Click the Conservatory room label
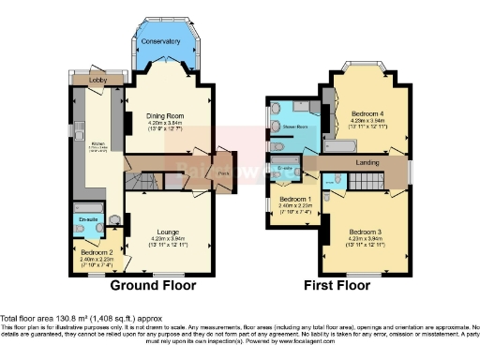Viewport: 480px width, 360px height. pyautogui.click(x=161, y=43)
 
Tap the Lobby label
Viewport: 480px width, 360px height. pyautogui.click(x=97, y=82)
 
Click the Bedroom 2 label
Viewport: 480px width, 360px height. pyautogui.click(x=97, y=252)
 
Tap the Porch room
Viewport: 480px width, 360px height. pyautogui.click(x=223, y=172)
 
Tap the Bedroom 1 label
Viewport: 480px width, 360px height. pyautogui.click(x=296, y=200)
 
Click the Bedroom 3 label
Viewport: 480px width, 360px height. pyautogui.click(x=366, y=231)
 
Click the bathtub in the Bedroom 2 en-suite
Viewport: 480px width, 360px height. pyautogui.click(x=91, y=205)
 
